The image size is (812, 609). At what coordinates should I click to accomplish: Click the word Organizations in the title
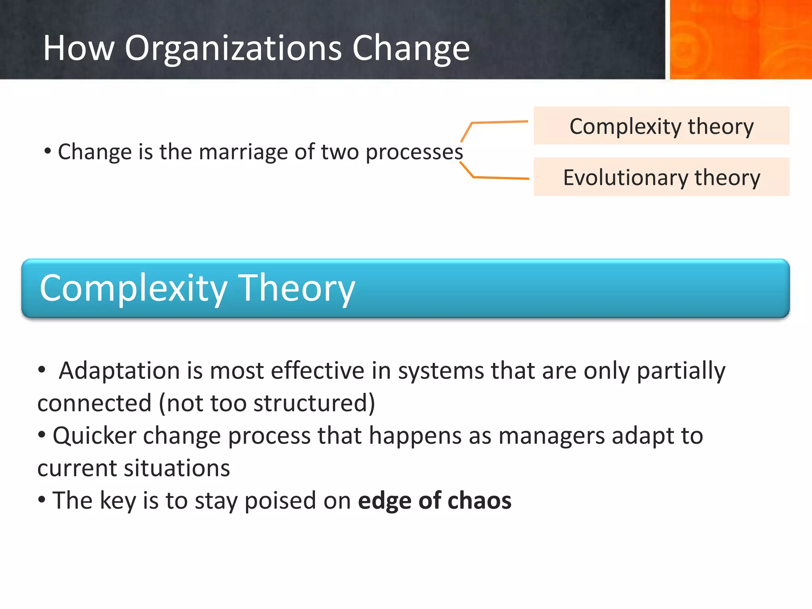click(233, 48)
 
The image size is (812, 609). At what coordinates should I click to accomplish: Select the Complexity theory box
click(661, 126)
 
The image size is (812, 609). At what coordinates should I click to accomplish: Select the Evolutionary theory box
click(661, 177)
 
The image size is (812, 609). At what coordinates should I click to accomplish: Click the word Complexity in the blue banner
click(133, 289)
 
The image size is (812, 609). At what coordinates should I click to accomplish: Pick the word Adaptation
click(119, 372)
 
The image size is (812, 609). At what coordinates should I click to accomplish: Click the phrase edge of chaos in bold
click(435, 501)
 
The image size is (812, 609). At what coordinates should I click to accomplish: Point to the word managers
click(552, 436)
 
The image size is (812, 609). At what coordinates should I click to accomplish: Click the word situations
click(177, 469)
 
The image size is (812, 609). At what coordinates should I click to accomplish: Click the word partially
click(681, 372)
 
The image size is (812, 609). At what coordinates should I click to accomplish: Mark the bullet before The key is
click(42, 500)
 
